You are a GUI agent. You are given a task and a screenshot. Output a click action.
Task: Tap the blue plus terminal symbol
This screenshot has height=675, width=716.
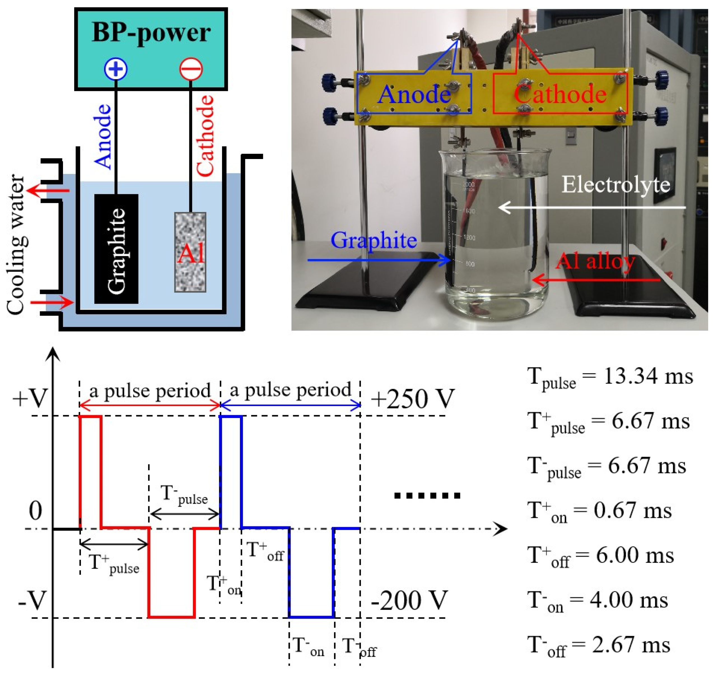pos(116,69)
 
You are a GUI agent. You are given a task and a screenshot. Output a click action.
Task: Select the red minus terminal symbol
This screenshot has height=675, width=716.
pos(191,69)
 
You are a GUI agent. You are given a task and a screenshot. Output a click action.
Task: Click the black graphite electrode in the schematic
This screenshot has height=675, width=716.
pos(116,249)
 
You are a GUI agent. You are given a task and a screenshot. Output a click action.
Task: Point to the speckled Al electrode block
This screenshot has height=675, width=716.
pos(190,252)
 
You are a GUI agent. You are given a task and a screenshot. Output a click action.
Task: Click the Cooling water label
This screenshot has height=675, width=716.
pos(16,245)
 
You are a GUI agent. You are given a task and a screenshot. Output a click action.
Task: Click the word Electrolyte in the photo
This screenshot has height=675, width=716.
pos(616,185)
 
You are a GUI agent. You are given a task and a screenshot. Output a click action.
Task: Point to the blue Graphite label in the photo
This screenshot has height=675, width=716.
pos(374,240)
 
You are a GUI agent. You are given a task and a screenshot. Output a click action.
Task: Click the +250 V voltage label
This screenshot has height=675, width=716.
pos(413,398)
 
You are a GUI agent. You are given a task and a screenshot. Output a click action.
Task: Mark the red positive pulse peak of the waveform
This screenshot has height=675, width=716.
pos(90,417)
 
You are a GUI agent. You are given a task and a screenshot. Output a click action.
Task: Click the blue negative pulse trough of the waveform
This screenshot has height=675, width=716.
pos(312,617)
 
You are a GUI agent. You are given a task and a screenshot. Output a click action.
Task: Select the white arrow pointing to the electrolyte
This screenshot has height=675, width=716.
pos(592,207)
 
